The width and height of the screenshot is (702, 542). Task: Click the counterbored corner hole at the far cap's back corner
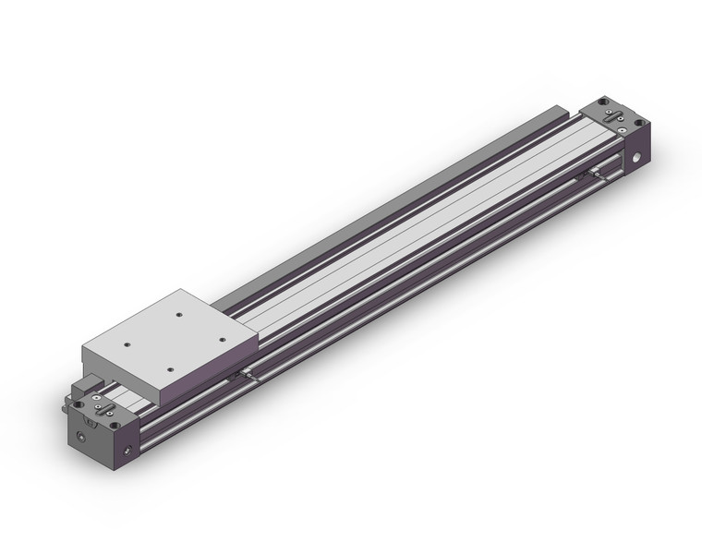click(x=603, y=99)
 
